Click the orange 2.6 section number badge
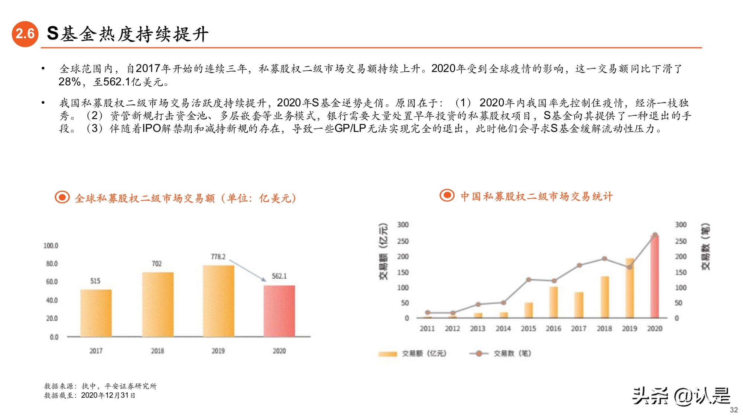[x=25, y=34]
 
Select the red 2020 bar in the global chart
[x=279, y=311]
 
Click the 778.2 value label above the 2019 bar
[x=218, y=257]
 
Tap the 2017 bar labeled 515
[x=96, y=313]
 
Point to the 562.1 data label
[x=279, y=276]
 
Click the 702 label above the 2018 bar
[x=157, y=263]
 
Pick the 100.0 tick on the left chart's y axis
[x=51, y=246]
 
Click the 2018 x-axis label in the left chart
[x=157, y=351]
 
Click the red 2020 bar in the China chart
[x=655, y=277]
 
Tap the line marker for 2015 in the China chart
[x=528, y=280]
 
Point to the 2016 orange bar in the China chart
[x=553, y=302]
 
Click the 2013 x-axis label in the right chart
[x=477, y=328]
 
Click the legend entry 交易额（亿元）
[x=412, y=353]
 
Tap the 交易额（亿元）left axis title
[x=383, y=252]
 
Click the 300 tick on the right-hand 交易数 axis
[x=681, y=224]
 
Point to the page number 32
[x=733, y=410]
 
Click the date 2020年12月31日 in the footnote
[x=108, y=395]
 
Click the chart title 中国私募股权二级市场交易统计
[x=536, y=197]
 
